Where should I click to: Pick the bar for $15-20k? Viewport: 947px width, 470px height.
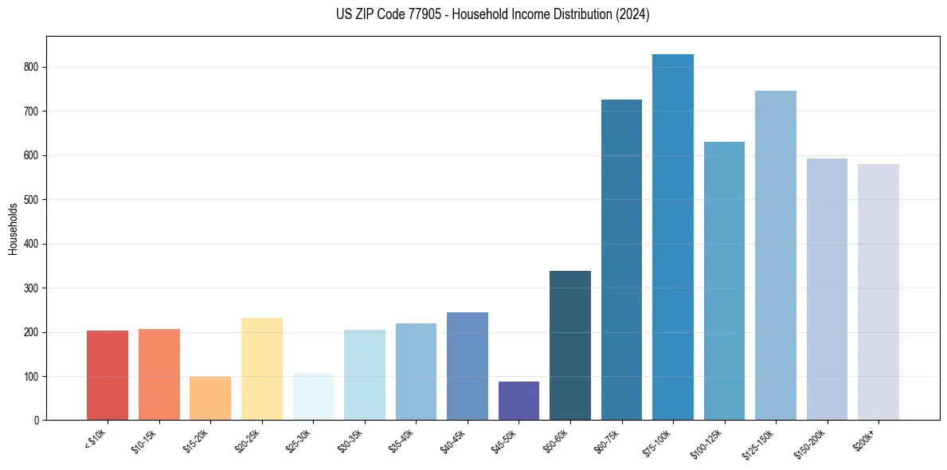210,398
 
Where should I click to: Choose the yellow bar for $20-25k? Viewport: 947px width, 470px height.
262,369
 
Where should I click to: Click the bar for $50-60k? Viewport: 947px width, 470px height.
570,345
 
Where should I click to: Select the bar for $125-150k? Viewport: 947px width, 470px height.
776,255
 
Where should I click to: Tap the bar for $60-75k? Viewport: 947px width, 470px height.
621,260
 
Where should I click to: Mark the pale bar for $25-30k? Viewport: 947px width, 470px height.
313,397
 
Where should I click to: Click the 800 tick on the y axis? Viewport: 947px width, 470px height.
31,68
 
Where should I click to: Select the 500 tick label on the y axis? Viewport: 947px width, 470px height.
31,200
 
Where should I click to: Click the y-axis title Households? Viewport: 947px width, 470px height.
13,229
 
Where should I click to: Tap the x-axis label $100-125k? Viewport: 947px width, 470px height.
712,441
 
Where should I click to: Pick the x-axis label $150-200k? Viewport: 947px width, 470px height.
815,441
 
